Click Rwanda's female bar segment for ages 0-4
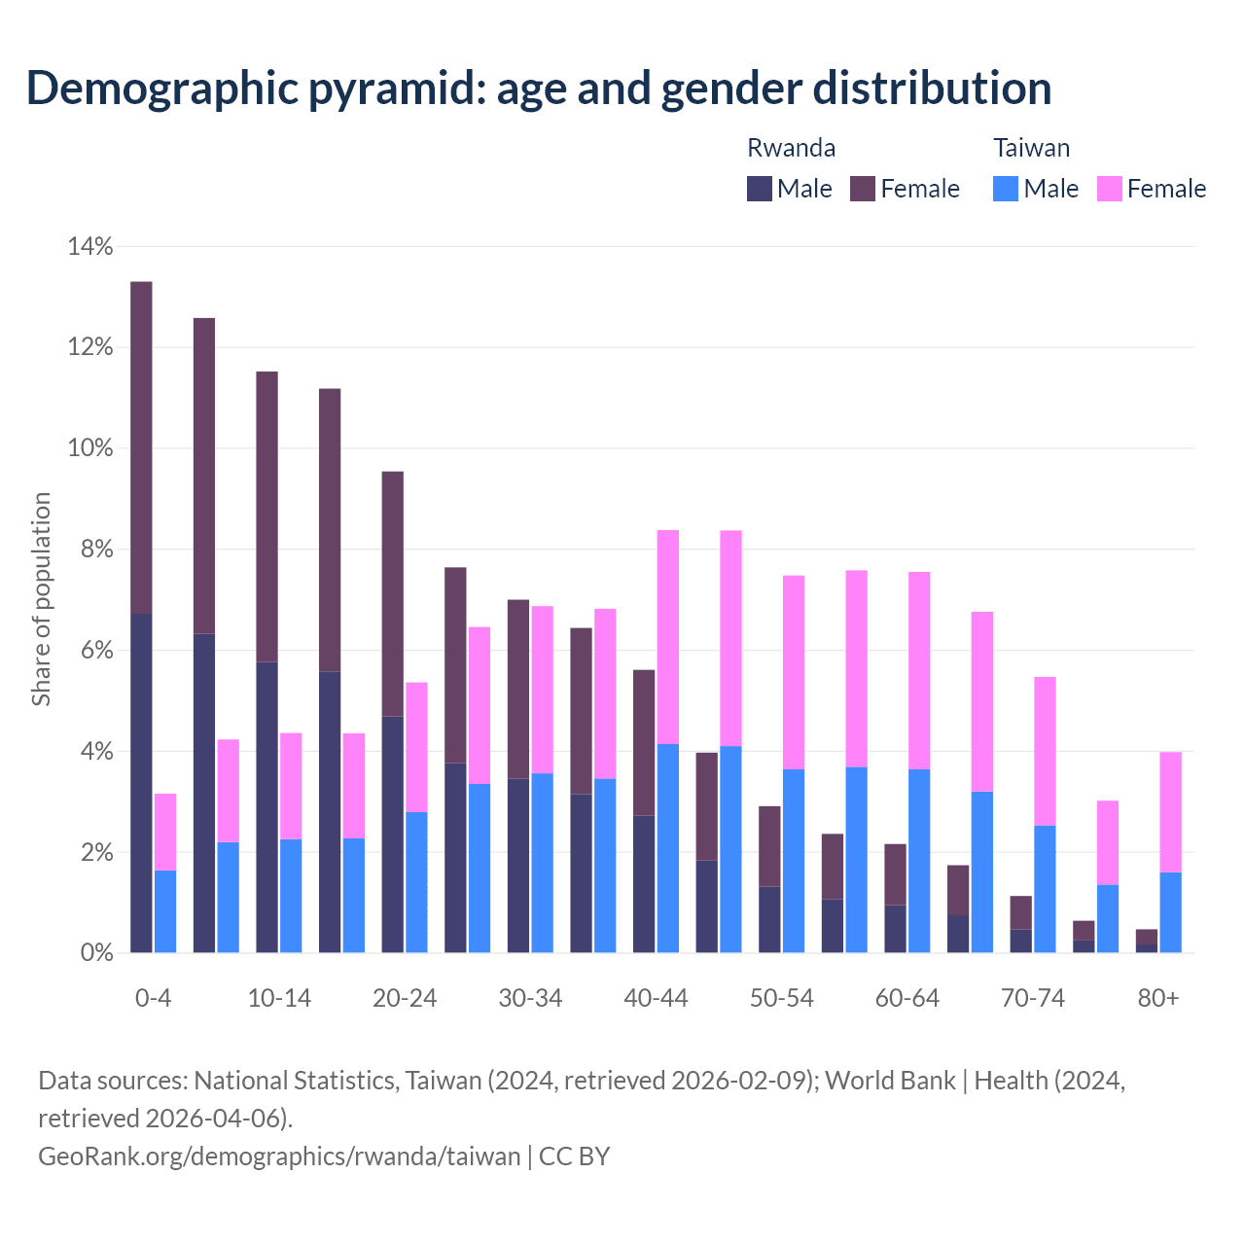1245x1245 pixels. tap(141, 447)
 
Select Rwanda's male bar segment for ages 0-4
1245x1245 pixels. tap(141, 783)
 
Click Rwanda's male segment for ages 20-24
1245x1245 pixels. tap(392, 835)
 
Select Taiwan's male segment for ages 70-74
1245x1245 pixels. tap(1045, 889)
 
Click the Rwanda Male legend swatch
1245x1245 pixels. tap(760, 189)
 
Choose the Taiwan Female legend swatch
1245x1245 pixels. tap(1110, 189)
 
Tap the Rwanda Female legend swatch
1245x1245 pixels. tap(863, 189)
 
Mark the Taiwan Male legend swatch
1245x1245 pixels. tap(1006, 189)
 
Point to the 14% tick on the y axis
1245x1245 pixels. tap(90, 247)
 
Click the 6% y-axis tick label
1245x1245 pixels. tap(95, 651)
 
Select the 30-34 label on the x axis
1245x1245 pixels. tap(530, 999)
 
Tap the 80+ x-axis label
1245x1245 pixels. tap(1158, 999)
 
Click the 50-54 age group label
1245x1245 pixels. tap(782, 999)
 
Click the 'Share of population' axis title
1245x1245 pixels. tap(41, 599)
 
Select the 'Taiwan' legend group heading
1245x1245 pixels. tap(1031, 148)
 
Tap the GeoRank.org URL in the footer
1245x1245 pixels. tap(279, 1156)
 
